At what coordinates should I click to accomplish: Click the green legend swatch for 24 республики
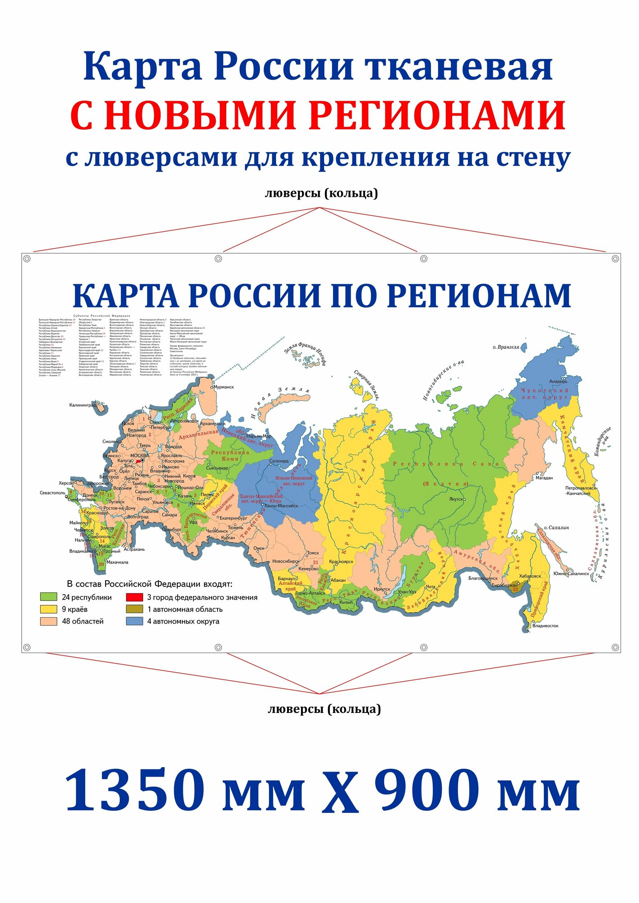coord(48,597)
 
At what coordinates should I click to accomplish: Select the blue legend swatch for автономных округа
coord(134,621)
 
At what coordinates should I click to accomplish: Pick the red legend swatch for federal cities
coord(134,597)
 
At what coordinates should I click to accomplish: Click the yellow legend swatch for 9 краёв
coord(48,610)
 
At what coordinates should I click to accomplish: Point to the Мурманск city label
coord(224,387)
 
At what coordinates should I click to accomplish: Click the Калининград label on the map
coord(83,405)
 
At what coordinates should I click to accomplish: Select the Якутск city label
coord(456,499)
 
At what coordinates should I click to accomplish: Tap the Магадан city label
coord(544,477)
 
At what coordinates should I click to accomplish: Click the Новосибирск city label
coord(286,562)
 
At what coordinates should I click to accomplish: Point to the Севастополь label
coord(52,493)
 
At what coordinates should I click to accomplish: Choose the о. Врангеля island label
coord(506,347)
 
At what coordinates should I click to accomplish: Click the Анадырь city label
coord(558,382)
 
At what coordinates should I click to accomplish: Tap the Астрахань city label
coord(134,549)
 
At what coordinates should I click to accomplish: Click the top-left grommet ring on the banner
coord(27,259)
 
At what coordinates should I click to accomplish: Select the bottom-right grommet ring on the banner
coord(615,647)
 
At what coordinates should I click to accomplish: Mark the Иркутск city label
coord(382,589)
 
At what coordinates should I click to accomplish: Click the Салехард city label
coord(279,461)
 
